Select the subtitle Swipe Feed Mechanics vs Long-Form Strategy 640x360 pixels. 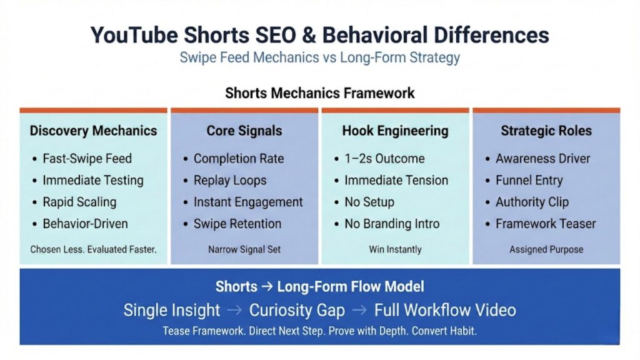319,58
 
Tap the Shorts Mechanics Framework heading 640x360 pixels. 319,93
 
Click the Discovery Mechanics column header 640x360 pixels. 93,131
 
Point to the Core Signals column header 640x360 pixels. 244,131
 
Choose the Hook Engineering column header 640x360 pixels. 395,131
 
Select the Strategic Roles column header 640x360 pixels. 546,131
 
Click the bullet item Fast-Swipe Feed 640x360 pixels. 87,159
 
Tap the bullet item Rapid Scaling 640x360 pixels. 79,202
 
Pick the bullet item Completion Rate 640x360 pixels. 239,159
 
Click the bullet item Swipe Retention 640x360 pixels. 237,224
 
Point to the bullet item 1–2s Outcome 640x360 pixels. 384,159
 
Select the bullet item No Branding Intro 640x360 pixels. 392,224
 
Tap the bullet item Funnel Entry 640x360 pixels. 529,181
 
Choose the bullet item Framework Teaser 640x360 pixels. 546,224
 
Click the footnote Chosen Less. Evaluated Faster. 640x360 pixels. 93,249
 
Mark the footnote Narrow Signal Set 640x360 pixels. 244,249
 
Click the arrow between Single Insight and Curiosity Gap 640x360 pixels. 235,311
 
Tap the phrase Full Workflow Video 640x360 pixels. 445,310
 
